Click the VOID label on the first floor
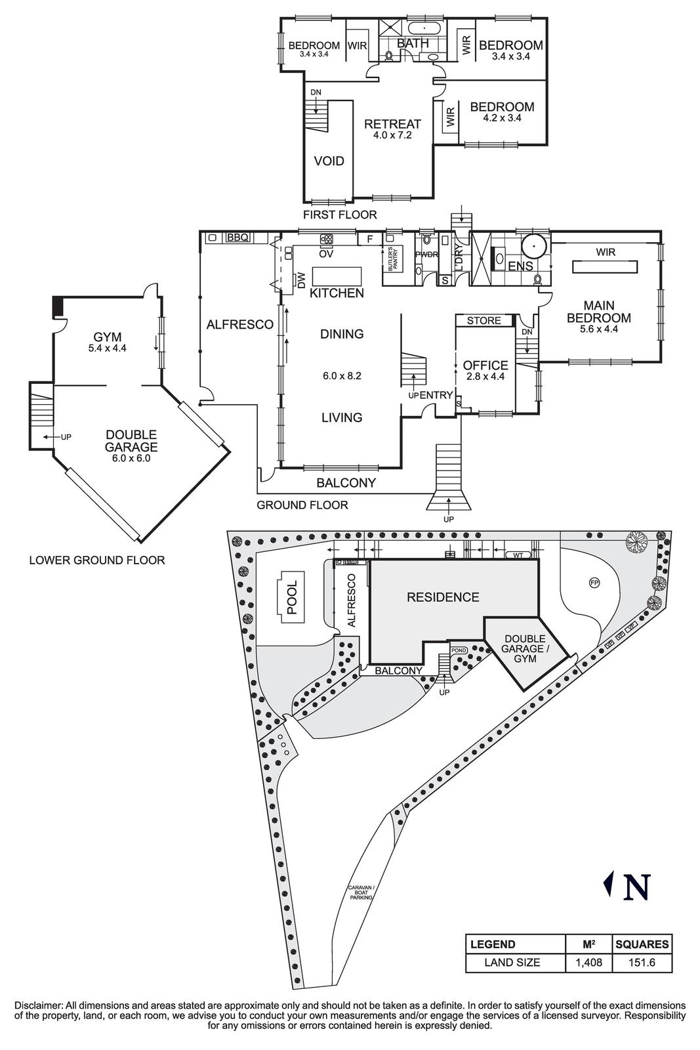click(x=329, y=161)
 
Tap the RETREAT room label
click(x=392, y=124)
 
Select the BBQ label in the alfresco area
click(x=237, y=238)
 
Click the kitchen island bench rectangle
click(x=337, y=275)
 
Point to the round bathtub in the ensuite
click(x=535, y=247)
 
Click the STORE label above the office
click(x=484, y=321)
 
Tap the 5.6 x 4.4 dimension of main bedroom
click(x=599, y=329)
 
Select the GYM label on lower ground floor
click(x=107, y=337)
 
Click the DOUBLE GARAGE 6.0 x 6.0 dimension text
click(x=131, y=459)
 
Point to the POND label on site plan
click(x=459, y=650)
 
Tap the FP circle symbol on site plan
click(x=594, y=582)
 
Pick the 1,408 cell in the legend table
click(x=588, y=963)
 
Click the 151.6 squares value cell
click(x=642, y=963)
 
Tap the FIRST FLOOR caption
click(x=340, y=215)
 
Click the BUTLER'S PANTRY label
click(x=392, y=260)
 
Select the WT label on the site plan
click(x=517, y=556)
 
